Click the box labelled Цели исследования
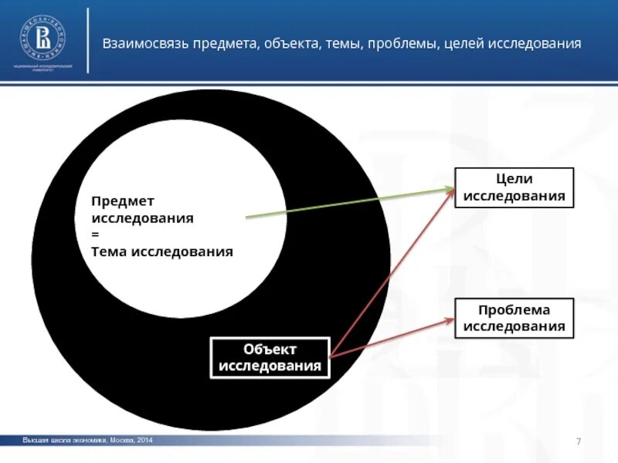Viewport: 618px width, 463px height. (x=514, y=188)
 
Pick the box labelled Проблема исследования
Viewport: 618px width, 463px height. (x=514, y=318)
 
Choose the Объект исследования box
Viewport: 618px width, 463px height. (x=270, y=358)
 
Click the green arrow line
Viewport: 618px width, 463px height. (x=348, y=204)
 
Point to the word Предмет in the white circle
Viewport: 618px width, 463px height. (x=123, y=201)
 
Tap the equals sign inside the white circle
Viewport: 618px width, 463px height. (x=95, y=235)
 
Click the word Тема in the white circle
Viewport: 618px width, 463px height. (x=109, y=252)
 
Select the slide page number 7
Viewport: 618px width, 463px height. (x=578, y=441)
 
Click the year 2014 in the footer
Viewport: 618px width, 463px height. (x=145, y=440)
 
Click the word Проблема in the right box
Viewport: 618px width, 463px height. (x=514, y=309)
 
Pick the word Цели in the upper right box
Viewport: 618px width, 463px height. (x=514, y=179)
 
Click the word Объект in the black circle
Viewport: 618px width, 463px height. (x=270, y=350)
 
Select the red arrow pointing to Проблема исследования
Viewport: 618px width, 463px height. (x=390, y=338)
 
